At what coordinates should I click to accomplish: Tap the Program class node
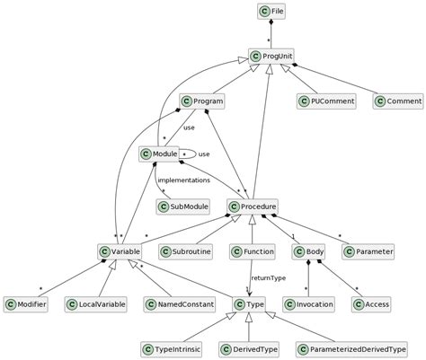(202, 101)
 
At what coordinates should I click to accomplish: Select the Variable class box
(116, 252)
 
